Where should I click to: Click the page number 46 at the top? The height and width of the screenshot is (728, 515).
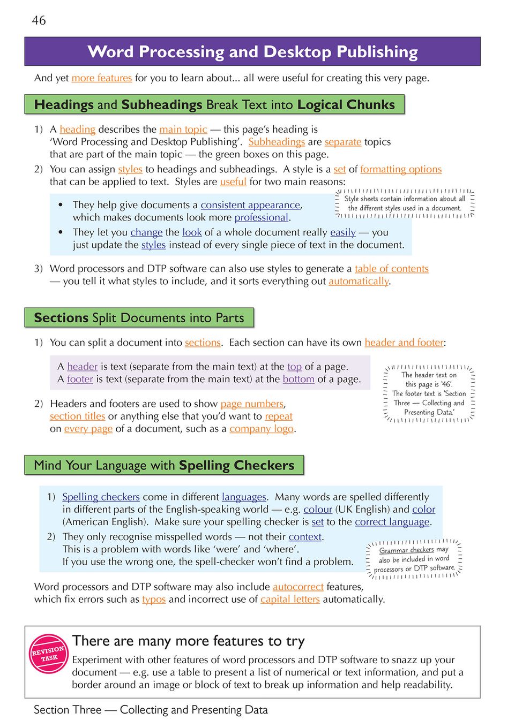[39, 20]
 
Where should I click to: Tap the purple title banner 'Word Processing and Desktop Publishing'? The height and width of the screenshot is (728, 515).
[252, 52]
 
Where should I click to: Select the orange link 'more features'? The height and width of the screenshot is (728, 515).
[102, 78]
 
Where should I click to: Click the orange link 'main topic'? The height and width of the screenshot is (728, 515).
[183, 130]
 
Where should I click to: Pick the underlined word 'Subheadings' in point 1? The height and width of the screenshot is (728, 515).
[277, 142]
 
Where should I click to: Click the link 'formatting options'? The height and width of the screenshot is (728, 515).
[401, 170]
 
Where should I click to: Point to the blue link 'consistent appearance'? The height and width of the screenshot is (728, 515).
[250, 205]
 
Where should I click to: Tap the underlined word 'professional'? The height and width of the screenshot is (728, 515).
[262, 217]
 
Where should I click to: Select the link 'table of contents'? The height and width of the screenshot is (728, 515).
[392, 269]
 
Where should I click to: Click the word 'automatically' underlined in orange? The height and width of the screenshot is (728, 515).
[359, 281]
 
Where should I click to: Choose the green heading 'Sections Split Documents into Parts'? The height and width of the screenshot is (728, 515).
[139, 318]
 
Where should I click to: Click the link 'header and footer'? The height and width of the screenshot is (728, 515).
[404, 343]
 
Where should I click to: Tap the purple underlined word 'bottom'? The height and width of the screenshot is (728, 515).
[298, 379]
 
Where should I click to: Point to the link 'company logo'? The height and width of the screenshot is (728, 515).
[262, 429]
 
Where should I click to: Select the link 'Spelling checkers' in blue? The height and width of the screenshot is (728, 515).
[101, 497]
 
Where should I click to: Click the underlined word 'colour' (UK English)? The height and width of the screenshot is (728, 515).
[318, 510]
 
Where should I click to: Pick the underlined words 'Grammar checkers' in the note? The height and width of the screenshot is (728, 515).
[406, 550]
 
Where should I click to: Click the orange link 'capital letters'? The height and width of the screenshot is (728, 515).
[290, 600]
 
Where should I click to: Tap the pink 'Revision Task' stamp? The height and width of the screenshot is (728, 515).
[49, 654]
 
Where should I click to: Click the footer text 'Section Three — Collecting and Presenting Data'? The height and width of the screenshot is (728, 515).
[151, 710]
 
